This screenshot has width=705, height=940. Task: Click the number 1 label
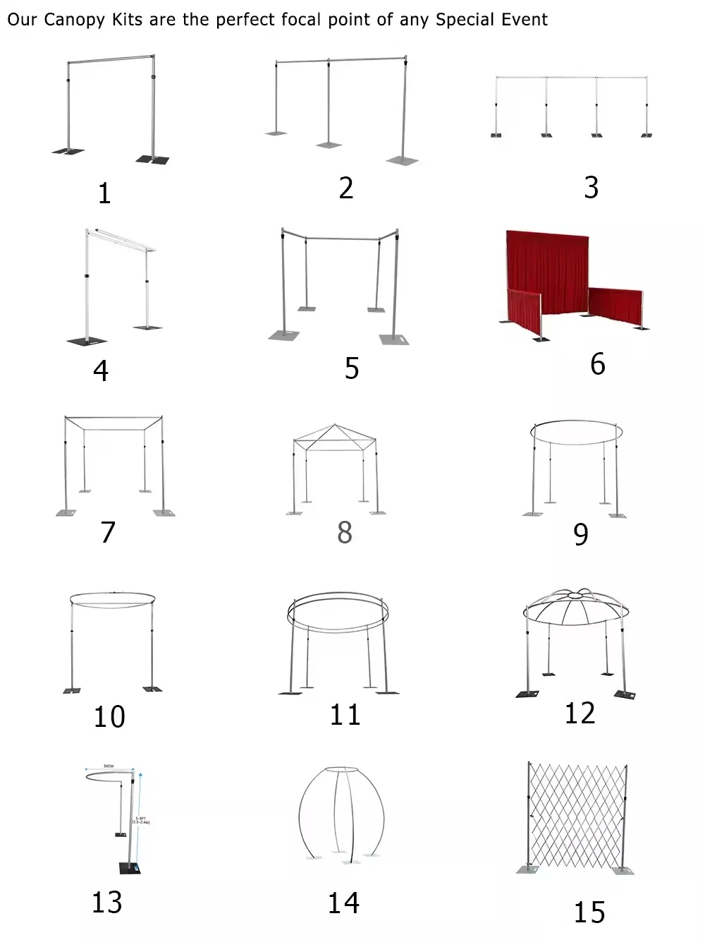pos(104,193)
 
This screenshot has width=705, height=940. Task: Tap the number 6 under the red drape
pos(597,364)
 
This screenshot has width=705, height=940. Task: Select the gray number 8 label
pos(344,532)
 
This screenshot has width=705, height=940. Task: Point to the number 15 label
pos(589,912)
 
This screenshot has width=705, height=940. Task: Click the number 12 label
pos(580,713)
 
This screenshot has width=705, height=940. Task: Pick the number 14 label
pos(343,903)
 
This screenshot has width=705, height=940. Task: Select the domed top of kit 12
pos(577,608)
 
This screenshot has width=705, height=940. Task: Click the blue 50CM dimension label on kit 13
pos(109,766)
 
